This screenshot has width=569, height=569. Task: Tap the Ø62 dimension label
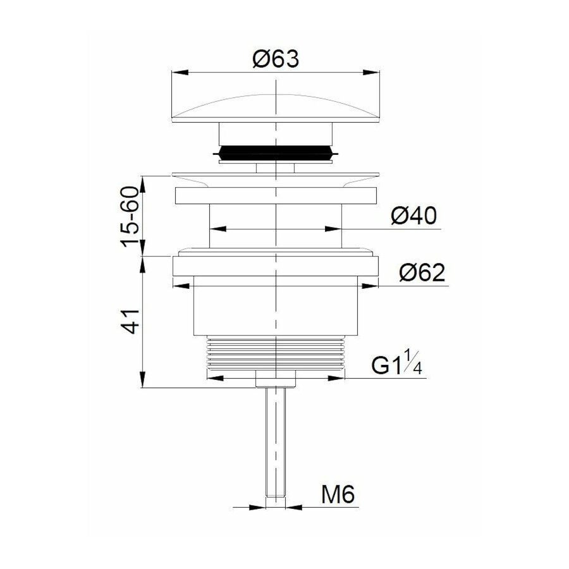click(422, 274)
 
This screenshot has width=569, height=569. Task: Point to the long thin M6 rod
click(276, 443)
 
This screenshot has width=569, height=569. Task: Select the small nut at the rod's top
click(276, 379)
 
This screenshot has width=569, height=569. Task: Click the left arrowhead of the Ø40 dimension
click(215, 229)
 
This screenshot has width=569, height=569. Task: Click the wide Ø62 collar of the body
click(276, 265)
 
